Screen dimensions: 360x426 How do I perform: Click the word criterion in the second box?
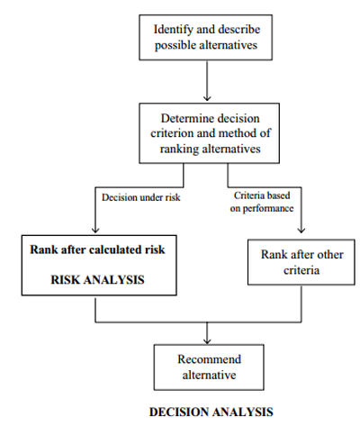(x=171, y=133)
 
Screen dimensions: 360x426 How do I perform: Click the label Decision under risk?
(x=141, y=197)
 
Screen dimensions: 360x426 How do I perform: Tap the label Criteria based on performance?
(x=262, y=202)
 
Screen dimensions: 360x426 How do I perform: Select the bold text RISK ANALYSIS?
(x=97, y=280)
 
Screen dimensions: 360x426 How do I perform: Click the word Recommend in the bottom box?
(x=209, y=359)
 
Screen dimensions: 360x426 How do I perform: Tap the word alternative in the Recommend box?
(x=209, y=375)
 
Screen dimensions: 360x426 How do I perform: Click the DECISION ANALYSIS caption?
(x=211, y=412)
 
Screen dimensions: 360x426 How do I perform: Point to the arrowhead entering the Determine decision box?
(x=207, y=98)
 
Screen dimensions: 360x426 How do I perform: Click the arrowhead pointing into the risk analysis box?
(x=95, y=230)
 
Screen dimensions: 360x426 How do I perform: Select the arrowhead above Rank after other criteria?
(x=301, y=230)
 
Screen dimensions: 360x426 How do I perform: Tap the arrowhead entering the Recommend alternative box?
(x=207, y=340)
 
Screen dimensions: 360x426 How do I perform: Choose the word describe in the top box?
(x=239, y=30)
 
